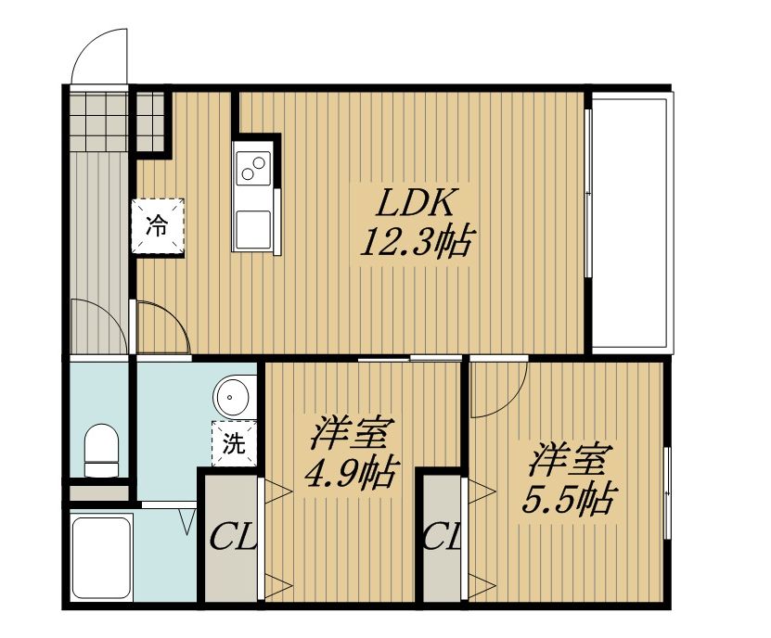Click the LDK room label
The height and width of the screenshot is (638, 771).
click(x=414, y=202)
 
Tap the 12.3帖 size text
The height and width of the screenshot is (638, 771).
click(x=416, y=241)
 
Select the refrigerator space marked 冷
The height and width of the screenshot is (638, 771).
click(x=158, y=226)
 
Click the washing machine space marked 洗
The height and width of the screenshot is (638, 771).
click(x=234, y=443)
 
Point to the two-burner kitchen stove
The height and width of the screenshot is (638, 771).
click(x=253, y=168)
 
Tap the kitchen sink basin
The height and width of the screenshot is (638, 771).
click(x=252, y=230)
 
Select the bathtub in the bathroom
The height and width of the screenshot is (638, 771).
click(x=101, y=558)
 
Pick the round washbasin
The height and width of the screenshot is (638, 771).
click(x=232, y=396)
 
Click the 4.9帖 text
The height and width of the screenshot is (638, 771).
click(x=350, y=474)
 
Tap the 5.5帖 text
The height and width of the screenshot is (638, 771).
click(x=568, y=499)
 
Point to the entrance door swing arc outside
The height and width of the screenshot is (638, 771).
click(x=87, y=43)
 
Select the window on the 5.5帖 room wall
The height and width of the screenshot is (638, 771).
click(x=667, y=492)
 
